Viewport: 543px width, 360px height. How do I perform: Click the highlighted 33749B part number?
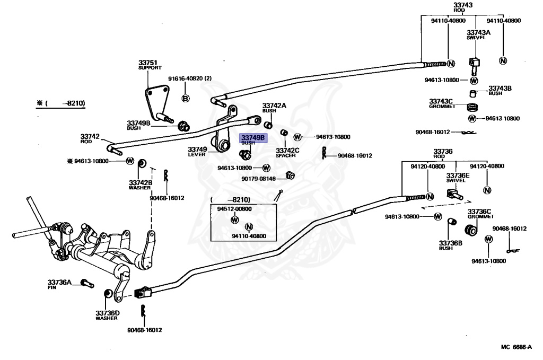(x=253, y=138)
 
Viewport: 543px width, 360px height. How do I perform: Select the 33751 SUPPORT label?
(x=150, y=65)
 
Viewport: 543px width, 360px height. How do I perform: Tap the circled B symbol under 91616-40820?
(x=186, y=98)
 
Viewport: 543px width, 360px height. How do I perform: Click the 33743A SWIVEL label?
(x=478, y=35)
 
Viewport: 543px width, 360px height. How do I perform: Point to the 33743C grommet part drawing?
(x=472, y=107)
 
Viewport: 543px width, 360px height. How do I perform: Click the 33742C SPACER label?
(x=287, y=153)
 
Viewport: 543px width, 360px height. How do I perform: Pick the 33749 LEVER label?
(x=197, y=152)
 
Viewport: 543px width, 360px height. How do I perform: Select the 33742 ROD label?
(x=90, y=139)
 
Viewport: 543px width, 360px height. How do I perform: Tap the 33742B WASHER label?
(x=140, y=185)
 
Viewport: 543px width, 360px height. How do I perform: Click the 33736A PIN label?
(x=59, y=284)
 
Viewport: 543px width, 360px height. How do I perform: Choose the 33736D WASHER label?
(x=107, y=315)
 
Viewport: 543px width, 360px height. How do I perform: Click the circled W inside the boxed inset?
(x=235, y=219)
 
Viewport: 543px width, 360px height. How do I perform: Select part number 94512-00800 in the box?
(x=234, y=209)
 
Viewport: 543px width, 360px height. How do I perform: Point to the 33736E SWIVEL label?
(x=458, y=178)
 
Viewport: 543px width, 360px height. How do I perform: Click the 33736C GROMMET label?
(x=480, y=214)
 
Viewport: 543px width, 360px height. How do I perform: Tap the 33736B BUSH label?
(x=450, y=245)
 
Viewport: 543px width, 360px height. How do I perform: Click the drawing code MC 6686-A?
(x=516, y=347)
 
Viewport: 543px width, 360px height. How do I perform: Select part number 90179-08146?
(x=258, y=179)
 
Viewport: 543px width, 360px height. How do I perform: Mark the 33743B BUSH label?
(x=500, y=90)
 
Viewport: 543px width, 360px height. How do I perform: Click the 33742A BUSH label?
(x=274, y=108)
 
